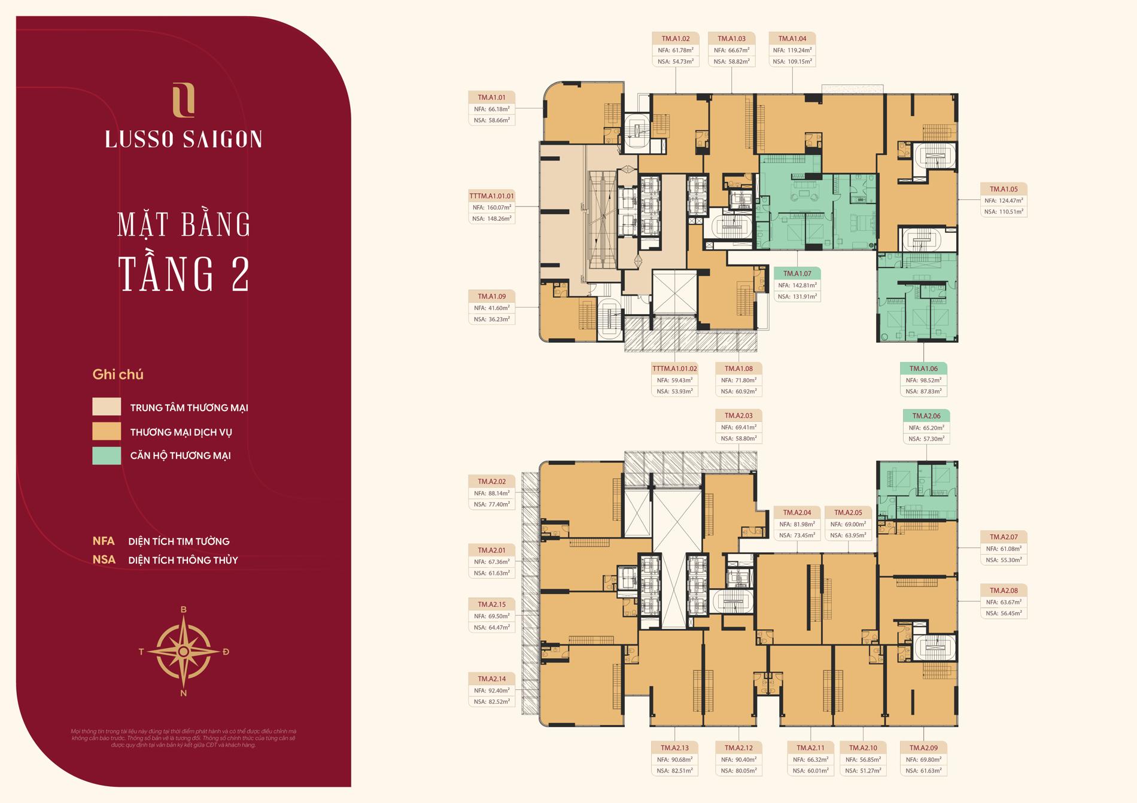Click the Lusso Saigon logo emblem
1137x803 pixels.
pyautogui.click(x=183, y=100)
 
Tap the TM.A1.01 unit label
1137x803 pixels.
pyautogui.click(x=491, y=98)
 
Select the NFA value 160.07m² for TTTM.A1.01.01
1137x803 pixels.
pyautogui.click(x=491, y=208)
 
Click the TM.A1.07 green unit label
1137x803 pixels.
pyautogui.click(x=797, y=273)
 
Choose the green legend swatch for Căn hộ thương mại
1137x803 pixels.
pyautogui.click(x=107, y=455)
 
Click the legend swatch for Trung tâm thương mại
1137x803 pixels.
pyautogui.click(x=107, y=407)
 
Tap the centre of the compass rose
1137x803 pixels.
pyautogui.click(x=184, y=651)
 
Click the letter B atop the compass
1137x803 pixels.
pyautogui.click(x=184, y=610)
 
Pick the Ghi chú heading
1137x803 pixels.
pyautogui.click(x=118, y=375)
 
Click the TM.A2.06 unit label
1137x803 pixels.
pyautogui.click(x=926, y=416)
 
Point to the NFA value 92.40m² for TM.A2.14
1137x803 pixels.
pyautogui.click(x=491, y=691)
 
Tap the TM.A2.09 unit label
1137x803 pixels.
pyautogui.click(x=923, y=748)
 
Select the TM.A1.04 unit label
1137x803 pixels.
pyautogui.click(x=792, y=38)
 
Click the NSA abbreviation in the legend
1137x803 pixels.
pyautogui.click(x=104, y=560)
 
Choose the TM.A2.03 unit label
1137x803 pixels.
pyautogui.click(x=738, y=415)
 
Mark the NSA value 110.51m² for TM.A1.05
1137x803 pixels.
pyautogui.click(x=1004, y=212)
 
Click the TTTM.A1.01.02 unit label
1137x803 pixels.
pyautogui.click(x=674, y=369)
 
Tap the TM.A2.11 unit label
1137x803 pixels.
pyautogui.click(x=810, y=748)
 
